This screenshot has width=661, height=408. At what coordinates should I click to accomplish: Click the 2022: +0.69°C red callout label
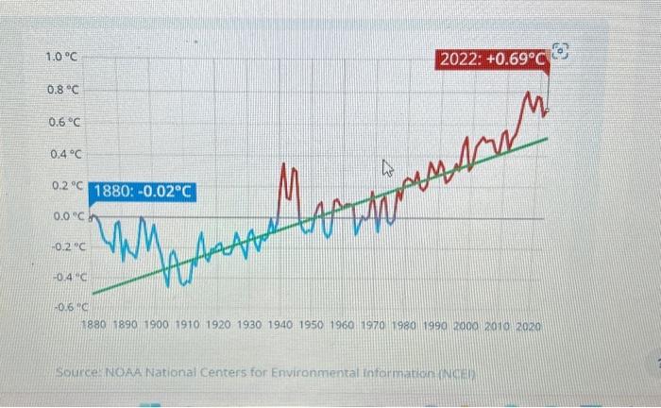coord(492,60)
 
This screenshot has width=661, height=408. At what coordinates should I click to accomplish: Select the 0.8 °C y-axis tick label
coord(63,91)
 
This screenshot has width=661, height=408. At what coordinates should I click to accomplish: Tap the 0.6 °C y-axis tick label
coord(63,123)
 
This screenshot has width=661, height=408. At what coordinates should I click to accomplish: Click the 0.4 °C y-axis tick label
coord(63,155)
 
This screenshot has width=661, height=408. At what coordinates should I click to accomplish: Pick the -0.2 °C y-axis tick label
coord(68,246)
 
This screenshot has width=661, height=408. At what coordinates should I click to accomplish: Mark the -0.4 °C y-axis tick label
coord(68,278)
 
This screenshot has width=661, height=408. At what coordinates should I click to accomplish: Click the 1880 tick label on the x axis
coord(94,325)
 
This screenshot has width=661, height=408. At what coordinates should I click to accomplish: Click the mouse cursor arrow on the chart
coord(386,170)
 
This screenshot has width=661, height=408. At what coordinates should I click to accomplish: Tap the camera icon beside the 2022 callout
coord(561,52)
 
